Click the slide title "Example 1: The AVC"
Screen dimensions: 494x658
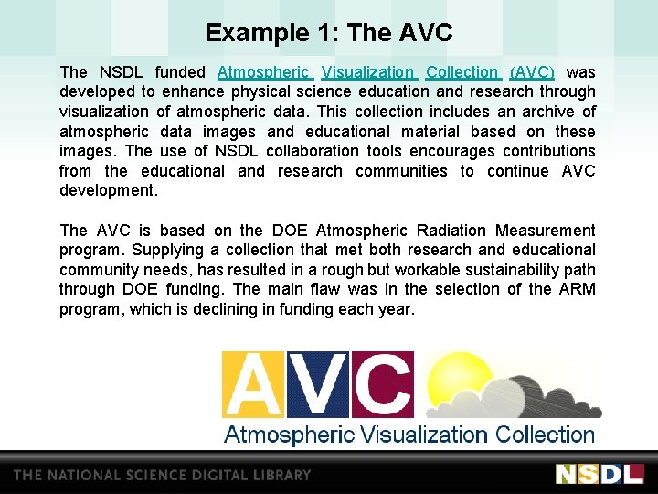[x=329, y=34]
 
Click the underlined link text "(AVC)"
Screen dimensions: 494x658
[x=532, y=72]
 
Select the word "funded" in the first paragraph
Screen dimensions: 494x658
[x=180, y=72]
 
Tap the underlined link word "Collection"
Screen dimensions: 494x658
[x=462, y=72]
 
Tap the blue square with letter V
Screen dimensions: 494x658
[x=317, y=384]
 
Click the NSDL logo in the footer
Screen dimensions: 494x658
[x=600, y=474]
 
